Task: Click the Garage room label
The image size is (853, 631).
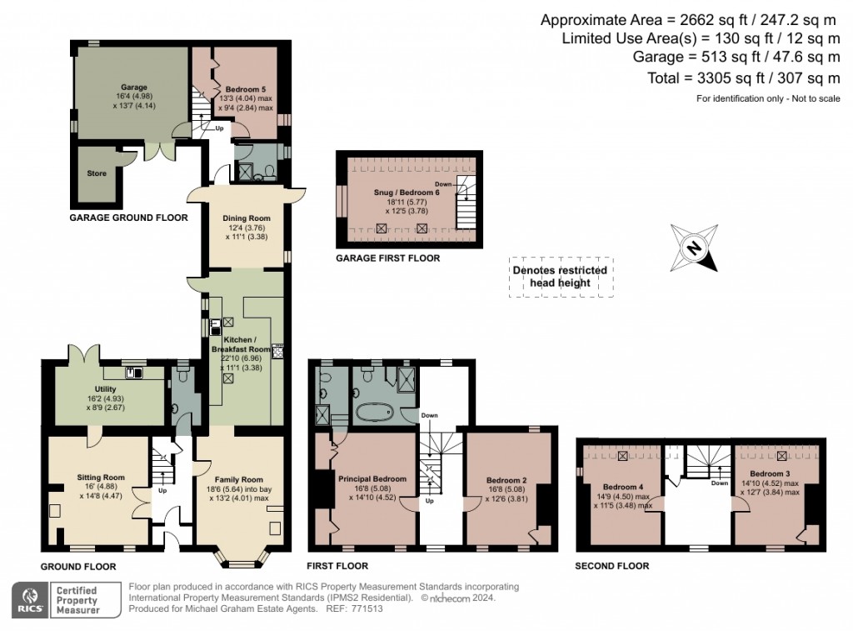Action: click(134, 88)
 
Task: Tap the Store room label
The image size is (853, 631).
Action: click(97, 174)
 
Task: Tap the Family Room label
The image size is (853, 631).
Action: click(239, 479)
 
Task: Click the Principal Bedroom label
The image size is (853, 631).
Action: click(372, 478)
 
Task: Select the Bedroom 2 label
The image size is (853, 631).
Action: click(507, 479)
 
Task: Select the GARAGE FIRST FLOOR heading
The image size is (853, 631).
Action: click(387, 258)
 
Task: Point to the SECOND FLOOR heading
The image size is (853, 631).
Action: click(612, 566)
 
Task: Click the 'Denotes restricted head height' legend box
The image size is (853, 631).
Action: click(560, 277)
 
